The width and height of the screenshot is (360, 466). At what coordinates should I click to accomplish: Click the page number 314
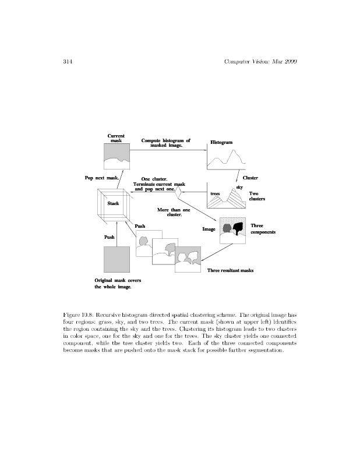[66, 62]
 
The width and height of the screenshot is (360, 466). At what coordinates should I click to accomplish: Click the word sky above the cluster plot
[239, 186]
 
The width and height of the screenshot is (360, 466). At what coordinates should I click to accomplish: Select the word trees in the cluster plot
[215, 193]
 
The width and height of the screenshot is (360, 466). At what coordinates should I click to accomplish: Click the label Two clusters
[257, 196]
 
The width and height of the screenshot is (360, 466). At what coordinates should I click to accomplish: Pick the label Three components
[263, 228]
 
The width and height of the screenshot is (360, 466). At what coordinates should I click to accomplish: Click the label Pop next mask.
[102, 177]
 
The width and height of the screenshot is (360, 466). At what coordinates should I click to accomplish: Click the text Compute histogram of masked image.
[166, 143]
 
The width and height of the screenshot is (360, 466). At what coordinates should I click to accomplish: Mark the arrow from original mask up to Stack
[117, 233]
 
